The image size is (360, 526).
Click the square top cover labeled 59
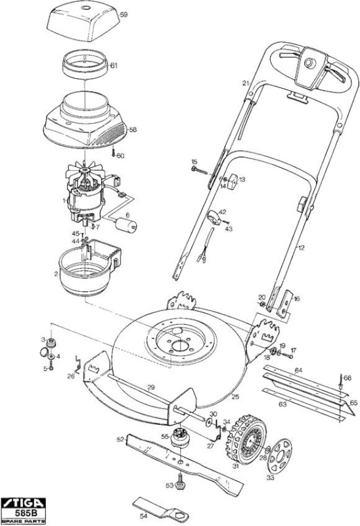[x=83, y=21]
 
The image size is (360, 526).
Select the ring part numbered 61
[x=85, y=64]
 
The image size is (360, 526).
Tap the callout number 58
[x=133, y=130]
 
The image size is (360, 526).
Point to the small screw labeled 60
[x=114, y=153]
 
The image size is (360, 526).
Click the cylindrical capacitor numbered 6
[x=126, y=224]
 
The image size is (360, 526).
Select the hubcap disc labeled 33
[x=280, y=454]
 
